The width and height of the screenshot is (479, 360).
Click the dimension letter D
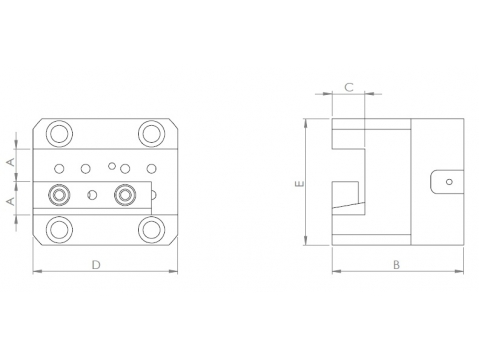96,265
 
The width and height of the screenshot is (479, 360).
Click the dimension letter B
396,265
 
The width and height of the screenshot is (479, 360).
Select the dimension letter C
349,87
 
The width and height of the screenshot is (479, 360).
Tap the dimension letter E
300,183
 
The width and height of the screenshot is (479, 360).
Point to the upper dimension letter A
11,162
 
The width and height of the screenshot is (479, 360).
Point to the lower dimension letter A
11,201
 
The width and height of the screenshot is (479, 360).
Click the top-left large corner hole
60,134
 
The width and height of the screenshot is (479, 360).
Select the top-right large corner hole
152,134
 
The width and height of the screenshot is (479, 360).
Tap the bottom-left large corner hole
60,230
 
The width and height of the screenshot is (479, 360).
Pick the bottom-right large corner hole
152,230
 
